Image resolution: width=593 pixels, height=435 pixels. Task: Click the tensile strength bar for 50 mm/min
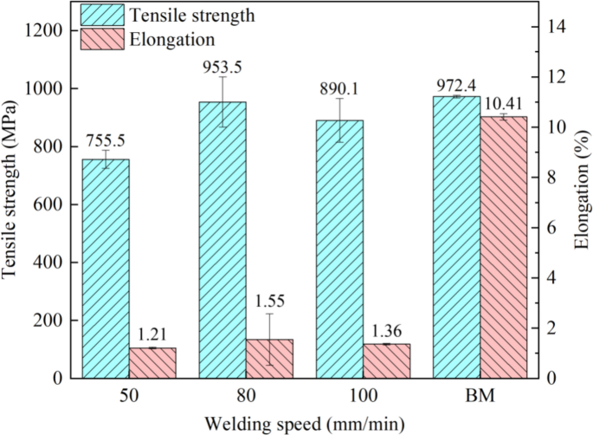point(106,269)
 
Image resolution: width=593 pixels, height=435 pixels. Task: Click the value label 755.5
point(106,141)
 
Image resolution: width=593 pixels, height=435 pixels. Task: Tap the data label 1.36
point(386,330)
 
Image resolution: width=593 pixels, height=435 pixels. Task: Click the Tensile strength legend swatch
point(102,15)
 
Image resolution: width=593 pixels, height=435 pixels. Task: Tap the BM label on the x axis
point(480,396)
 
